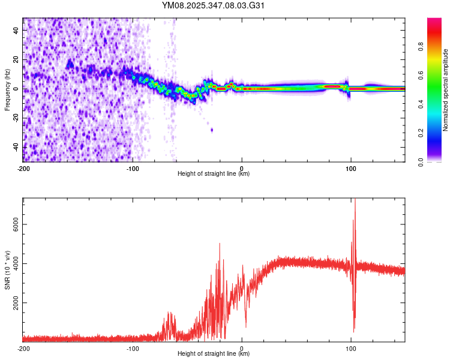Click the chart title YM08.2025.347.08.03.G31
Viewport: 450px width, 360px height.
click(x=214, y=5)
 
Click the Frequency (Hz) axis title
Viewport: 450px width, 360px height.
click(x=7, y=90)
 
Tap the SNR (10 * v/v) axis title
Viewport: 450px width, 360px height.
click(x=7, y=271)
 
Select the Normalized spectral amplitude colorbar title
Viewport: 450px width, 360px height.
click(x=445, y=90)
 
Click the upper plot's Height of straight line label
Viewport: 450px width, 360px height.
click(x=214, y=173)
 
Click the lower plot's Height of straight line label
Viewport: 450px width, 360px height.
click(x=214, y=353)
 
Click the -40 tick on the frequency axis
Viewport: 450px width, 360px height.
click(x=16, y=147)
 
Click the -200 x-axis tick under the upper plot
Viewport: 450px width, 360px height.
click(x=23, y=168)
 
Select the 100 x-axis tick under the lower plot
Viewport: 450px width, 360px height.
click(x=350, y=348)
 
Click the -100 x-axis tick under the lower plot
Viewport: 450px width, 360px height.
click(x=133, y=348)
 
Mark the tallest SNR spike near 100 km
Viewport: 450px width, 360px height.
click(x=355, y=201)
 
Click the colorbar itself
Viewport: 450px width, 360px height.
click(x=434, y=90)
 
